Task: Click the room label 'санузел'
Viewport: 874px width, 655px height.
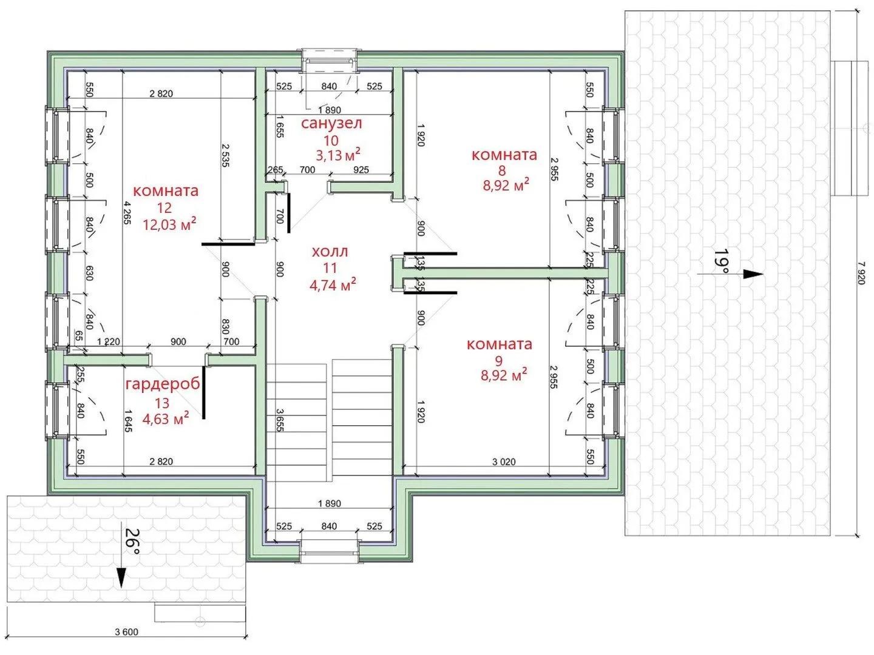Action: [x=331, y=123]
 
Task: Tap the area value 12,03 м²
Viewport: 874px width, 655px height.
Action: [x=169, y=224]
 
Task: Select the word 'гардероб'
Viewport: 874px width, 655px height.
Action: [x=163, y=384]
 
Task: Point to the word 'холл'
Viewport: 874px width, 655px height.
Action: [x=330, y=251]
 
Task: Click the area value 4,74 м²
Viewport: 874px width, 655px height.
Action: [x=333, y=285]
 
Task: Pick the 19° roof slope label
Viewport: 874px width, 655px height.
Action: [x=721, y=261]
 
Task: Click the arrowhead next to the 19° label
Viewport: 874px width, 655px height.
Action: [x=753, y=274]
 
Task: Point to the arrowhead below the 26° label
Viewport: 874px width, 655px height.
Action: [x=121, y=577]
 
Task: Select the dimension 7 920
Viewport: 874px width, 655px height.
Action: [x=861, y=273]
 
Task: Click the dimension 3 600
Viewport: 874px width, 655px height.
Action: [x=127, y=631]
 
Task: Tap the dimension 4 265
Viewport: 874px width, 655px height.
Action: [x=127, y=213]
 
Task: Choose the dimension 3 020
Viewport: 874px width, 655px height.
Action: [x=504, y=462]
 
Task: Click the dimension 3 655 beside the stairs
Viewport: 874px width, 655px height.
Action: [x=280, y=420]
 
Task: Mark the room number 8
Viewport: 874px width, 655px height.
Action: [x=502, y=170]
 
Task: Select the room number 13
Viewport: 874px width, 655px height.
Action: [x=162, y=403]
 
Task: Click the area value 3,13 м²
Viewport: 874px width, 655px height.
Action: [x=338, y=155]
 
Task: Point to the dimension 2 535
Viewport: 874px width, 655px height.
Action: [x=225, y=155]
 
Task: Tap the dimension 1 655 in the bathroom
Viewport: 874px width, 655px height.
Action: [x=280, y=127]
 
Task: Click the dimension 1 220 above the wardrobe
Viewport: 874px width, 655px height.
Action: [x=108, y=341]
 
